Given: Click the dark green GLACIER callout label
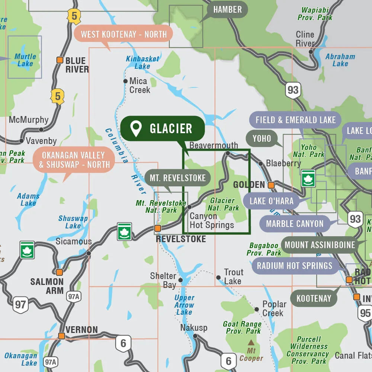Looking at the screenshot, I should pyautogui.click(x=163, y=128).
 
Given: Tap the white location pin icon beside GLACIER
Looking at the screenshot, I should pyautogui.click(x=137, y=128).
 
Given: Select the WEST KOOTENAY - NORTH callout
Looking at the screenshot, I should pyautogui.click(x=124, y=34).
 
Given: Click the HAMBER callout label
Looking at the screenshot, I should pyautogui.click(x=227, y=10).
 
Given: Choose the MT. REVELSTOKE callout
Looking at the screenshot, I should pyautogui.click(x=177, y=178).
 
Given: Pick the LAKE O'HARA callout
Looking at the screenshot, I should pyautogui.click(x=272, y=201).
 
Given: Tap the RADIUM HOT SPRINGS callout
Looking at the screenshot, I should pyautogui.click(x=294, y=266).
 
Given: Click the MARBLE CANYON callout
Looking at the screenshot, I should pyautogui.click(x=295, y=224).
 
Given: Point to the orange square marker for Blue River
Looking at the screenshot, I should pyautogui.click(x=60, y=60).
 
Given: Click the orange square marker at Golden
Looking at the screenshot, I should pyautogui.click(x=271, y=185).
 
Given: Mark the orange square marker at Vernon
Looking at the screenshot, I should pyautogui.click(x=61, y=336).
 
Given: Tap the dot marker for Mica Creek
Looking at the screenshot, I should pyautogui.click(x=125, y=81).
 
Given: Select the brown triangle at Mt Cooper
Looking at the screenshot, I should pyautogui.click(x=251, y=342).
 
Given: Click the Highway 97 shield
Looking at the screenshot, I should pyautogui.click(x=20, y=305).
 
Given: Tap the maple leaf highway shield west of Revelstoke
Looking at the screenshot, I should pyautogui.click(x=124, y=231).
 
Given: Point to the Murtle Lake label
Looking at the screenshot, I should pyautogui.click(x=25, y=60).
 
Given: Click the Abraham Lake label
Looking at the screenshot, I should pyautogui.click(x=340, y=60).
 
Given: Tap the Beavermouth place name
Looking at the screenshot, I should pyautogui.click(x=214, y=145).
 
